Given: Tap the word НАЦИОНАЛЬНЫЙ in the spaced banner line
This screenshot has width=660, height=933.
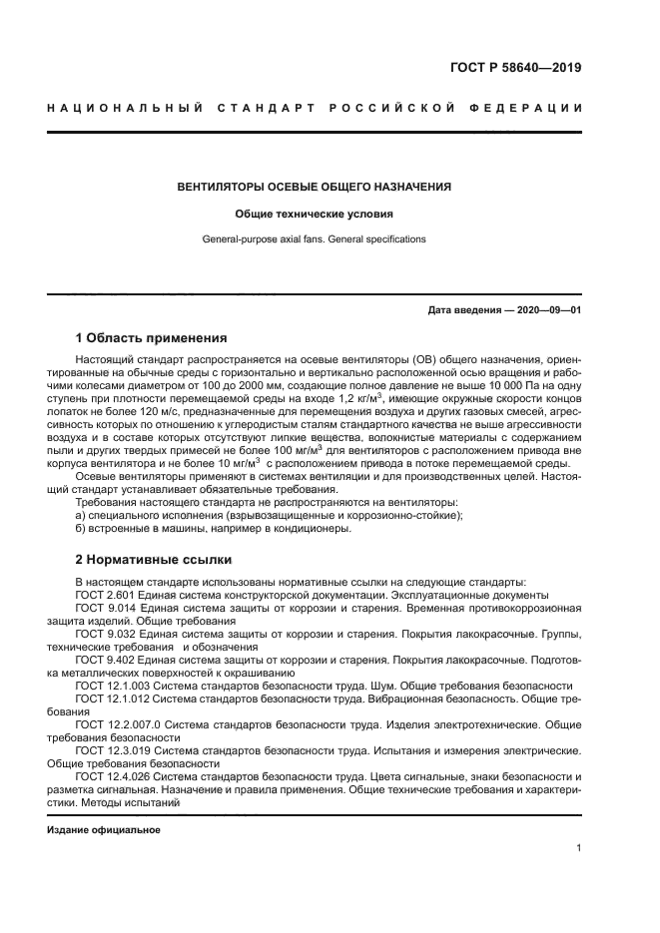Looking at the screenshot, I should click(125, 108).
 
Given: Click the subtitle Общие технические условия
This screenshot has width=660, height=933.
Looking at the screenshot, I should click(314, 214).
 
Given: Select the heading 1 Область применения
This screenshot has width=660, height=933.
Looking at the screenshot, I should click(152, 337).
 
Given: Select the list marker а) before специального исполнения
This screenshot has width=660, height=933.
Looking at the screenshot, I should click(81, 515).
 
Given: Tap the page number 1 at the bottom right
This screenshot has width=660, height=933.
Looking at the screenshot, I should click(579, 849).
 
